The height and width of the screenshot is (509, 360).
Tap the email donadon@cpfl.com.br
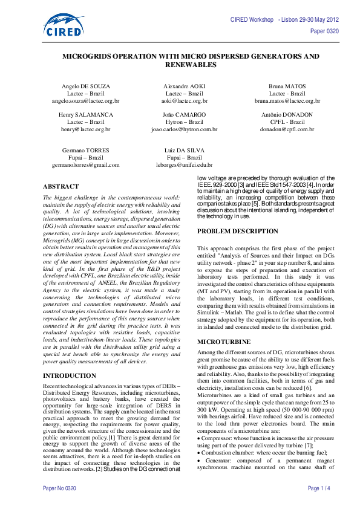tap(287, 129)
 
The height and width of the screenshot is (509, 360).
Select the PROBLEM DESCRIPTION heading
tap(238, 231)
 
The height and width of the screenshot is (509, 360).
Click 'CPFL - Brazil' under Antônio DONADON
tap(287, 122)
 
